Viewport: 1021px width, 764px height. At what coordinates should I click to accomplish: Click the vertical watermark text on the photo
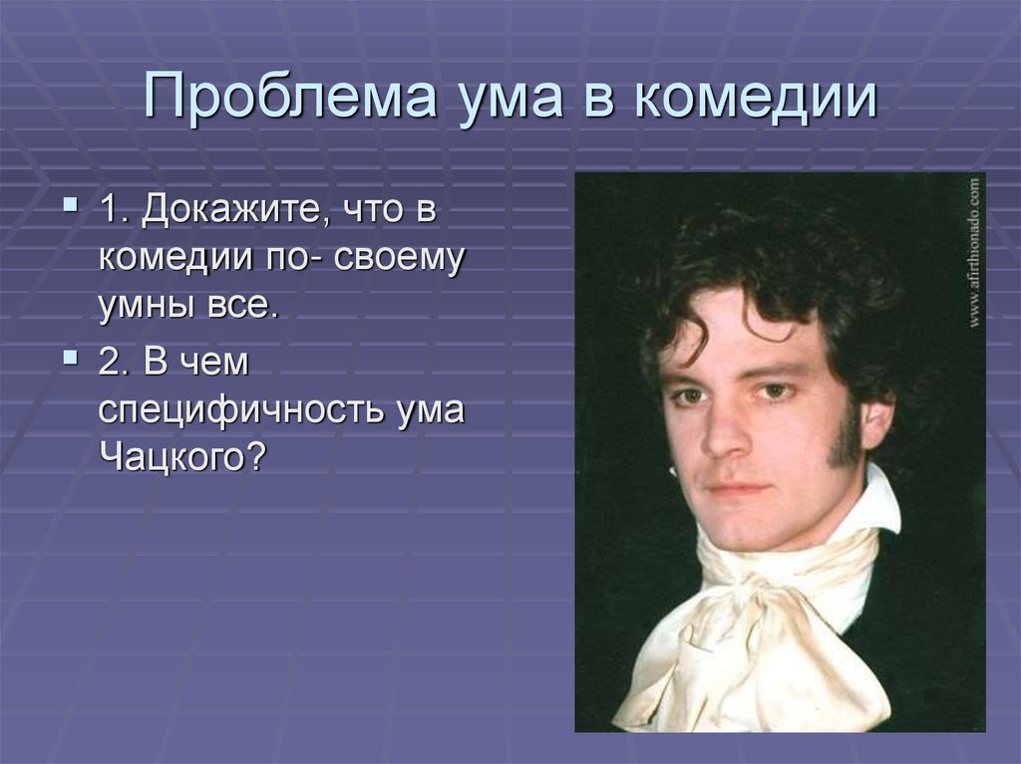pos(973,254)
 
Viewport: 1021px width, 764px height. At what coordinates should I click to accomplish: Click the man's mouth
pos(738,490)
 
